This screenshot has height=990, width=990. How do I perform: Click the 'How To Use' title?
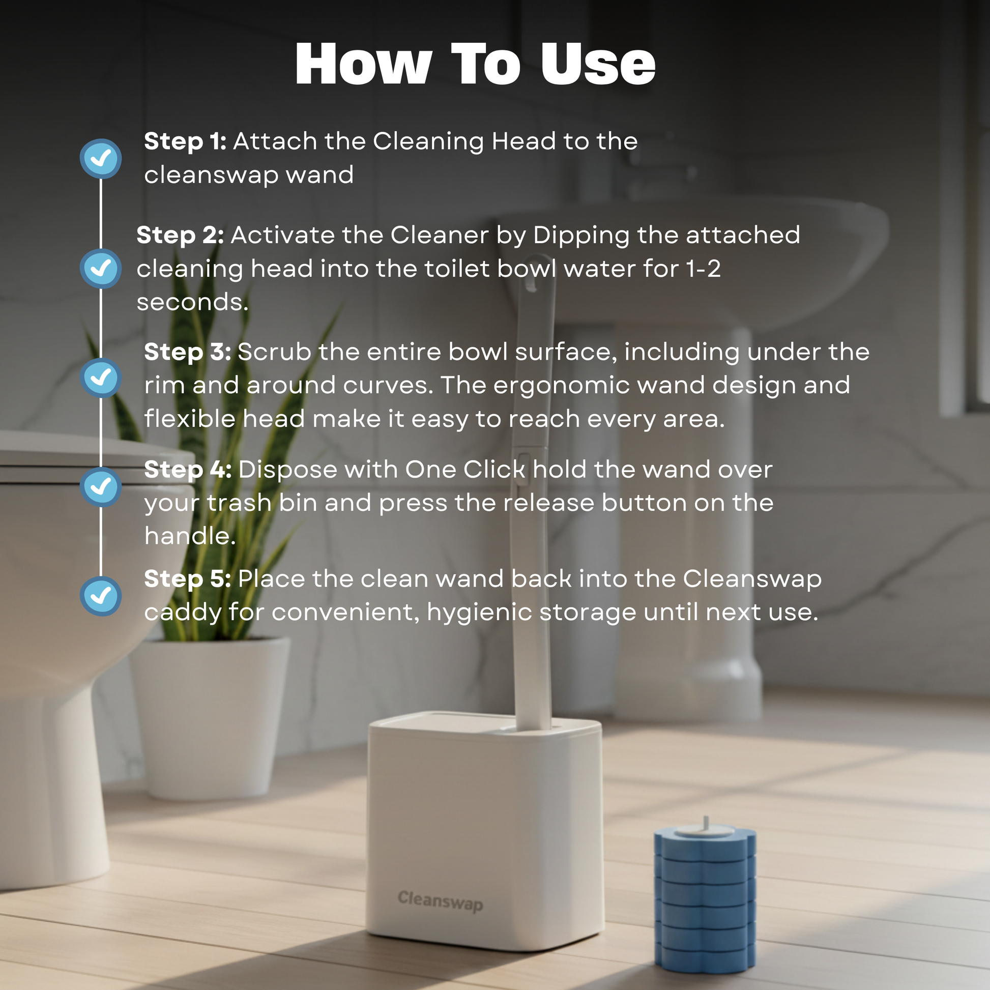coord(475,64)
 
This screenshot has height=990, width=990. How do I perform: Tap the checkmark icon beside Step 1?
coord(101,159)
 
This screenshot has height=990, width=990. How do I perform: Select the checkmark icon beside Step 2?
coord(101,269)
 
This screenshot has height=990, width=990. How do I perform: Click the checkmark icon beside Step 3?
coord(101,378)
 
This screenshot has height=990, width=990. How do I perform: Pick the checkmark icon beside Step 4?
coord(101,487)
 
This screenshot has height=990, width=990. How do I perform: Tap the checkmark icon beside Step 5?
coord(101,596)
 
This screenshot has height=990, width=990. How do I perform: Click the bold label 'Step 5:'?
coord(188,579)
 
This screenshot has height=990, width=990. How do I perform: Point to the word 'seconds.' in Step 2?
coord(193,302)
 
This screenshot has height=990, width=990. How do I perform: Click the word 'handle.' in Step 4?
coord(190,536)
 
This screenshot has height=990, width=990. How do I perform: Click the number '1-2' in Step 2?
coord(704,269)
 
